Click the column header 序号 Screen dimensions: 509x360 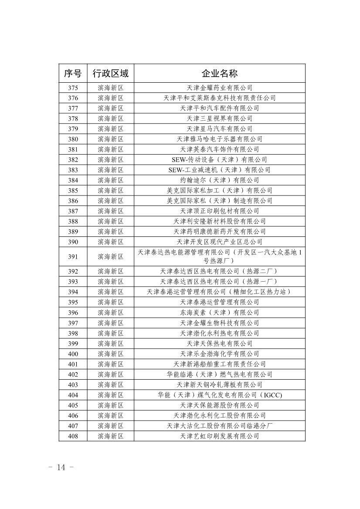pos(73,73)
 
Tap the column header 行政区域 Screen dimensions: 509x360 pos(110,73)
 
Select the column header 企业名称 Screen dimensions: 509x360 pos(219,73)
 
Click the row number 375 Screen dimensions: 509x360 pos(73,88)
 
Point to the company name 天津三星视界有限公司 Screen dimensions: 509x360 pos(219,118)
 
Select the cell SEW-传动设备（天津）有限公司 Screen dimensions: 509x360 pos(219,160)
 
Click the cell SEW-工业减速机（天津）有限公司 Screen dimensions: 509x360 pos(219,170)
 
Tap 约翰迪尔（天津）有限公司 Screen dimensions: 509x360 pos(219,180)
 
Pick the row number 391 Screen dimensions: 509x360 pos(73,257)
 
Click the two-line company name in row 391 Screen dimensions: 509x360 pos(219,256)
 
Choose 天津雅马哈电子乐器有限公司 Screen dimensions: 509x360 pos(219,139)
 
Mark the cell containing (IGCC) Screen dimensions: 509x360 pos(219,395)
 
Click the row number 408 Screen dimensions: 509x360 pos(73,436)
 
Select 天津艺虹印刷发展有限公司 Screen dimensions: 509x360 pos(219,436)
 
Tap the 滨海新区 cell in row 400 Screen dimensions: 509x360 pos(110,354)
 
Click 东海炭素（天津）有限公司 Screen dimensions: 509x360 pos(219,313)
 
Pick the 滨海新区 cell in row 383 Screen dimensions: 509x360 pos(110,170)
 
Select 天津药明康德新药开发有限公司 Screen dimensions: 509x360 pos(219,232)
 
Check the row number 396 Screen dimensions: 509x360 pos(73,313)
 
